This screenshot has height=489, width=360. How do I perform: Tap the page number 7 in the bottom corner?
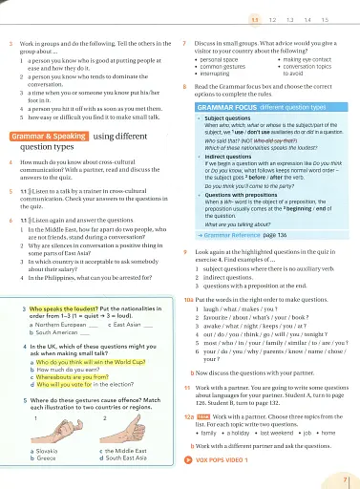point(345,476)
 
